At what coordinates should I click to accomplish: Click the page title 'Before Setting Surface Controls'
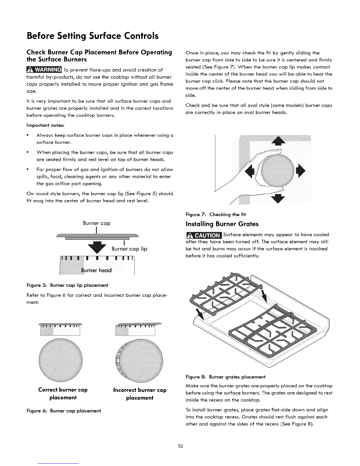93,36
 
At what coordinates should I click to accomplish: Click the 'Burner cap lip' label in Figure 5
129,249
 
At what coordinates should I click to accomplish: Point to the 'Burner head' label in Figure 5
96,270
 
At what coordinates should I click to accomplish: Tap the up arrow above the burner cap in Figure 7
279,141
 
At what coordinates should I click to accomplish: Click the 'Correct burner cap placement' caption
63,394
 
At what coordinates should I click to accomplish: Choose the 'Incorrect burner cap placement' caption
140,394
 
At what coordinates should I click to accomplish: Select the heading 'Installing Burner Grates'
222,224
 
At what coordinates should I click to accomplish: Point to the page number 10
180,446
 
